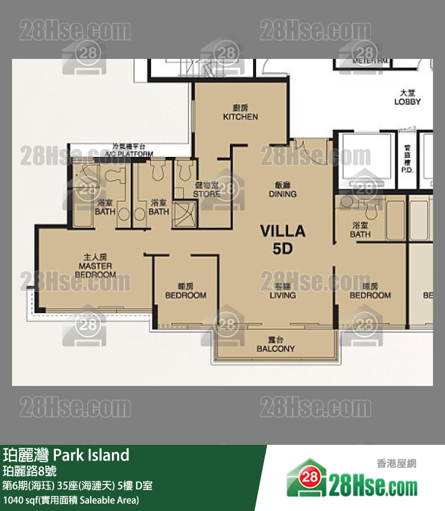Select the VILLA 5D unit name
pos(282,239)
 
